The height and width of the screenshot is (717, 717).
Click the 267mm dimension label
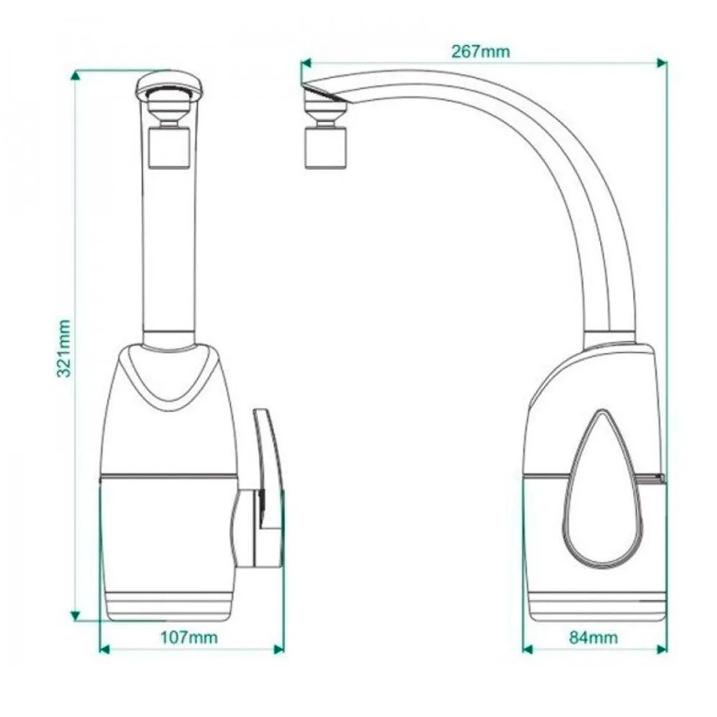(480, 51)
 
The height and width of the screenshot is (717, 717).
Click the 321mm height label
(64, 348)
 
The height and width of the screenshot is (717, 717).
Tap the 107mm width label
(189, 637)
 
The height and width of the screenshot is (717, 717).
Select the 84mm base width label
(594, 637)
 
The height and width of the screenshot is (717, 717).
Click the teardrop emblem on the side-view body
(604, 489)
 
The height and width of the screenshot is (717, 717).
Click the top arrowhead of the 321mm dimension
(75, 75)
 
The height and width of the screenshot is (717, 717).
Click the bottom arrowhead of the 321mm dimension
(75, 615)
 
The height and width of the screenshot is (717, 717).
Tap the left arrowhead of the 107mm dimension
(105, 650)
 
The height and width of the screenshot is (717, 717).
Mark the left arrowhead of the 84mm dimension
(528, 650)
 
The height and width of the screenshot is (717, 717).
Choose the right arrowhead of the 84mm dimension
(661, 650)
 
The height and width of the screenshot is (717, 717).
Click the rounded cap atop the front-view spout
(170, 85)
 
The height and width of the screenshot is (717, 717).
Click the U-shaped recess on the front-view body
(170, 376)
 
